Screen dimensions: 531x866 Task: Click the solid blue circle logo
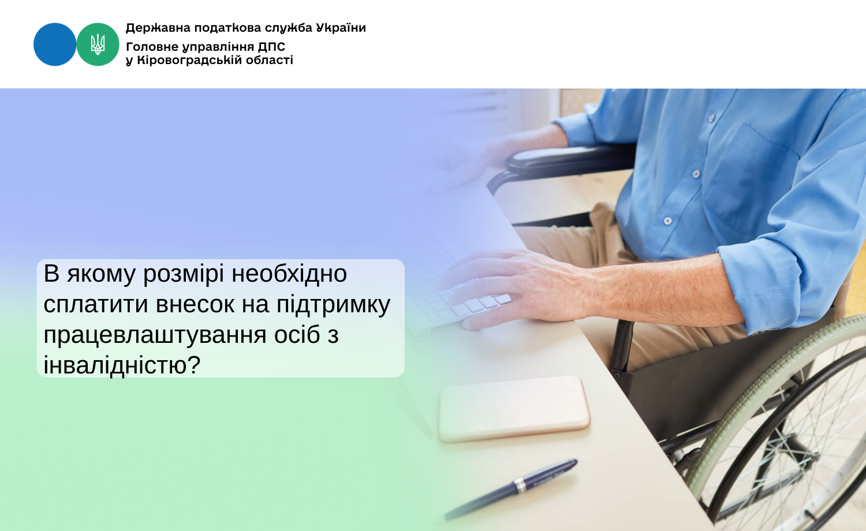[x=55, y=44]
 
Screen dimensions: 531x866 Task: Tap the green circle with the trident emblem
[x=98, y=44]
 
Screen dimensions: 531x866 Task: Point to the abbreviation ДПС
[x=271, y=47]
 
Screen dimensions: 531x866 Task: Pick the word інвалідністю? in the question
[x=122, y=365]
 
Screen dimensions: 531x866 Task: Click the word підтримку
[x=333, y=304]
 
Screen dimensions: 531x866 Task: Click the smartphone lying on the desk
[x=514, y=409]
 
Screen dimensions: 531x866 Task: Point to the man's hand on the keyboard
[x=514, y=286]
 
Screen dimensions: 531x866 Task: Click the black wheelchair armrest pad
[x=554, y=156]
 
